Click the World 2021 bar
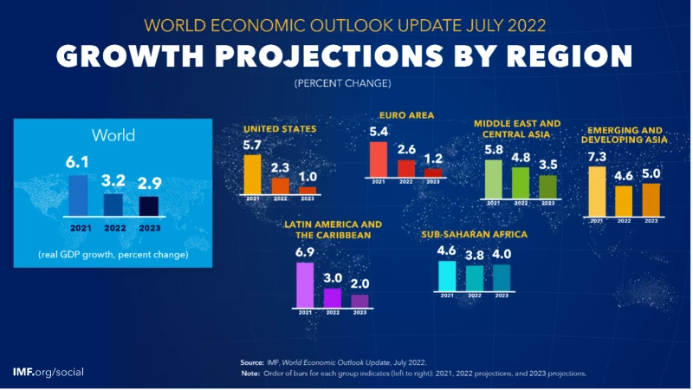click(78, 194)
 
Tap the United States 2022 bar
click(280, 185)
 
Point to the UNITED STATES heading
click(280, 129)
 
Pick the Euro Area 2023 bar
click(432, 172)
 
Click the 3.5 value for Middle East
click(547, 165)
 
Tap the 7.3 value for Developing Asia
click(597, 156)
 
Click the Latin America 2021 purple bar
click(305, 284)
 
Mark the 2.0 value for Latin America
click(359, 284)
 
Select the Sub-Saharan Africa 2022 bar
click(475, 276)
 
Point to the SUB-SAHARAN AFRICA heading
click(474, 235)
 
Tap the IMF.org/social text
click(49, 371)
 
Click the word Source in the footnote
click(252, 361)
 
